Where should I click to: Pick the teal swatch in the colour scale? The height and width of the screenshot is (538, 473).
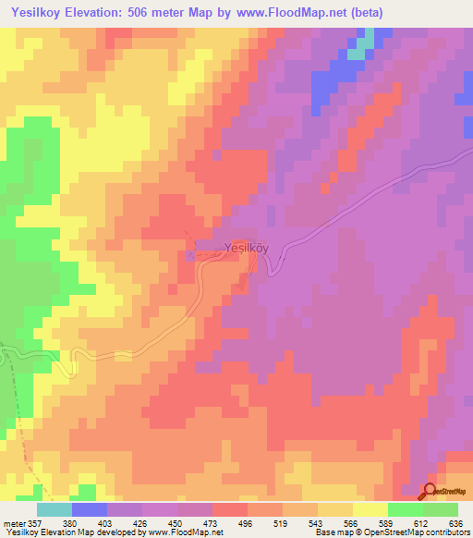55,509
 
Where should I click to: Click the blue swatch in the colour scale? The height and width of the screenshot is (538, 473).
90,509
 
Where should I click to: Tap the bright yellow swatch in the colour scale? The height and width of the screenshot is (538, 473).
370,509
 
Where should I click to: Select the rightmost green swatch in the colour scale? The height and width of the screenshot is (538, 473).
440,509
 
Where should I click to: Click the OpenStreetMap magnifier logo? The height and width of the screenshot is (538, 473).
430,491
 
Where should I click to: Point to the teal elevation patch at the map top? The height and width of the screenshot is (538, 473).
366,41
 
